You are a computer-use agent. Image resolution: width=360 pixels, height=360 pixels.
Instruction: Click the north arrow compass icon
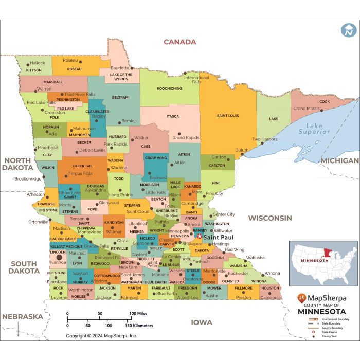(348, 30)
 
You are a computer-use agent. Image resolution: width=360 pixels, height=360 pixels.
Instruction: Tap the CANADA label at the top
(179, 42)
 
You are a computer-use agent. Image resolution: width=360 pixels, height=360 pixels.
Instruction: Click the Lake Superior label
(318, 129)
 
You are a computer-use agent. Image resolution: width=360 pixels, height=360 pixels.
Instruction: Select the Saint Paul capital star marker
(200, 237)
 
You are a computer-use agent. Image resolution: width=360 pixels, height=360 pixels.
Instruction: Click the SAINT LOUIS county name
(228, 116)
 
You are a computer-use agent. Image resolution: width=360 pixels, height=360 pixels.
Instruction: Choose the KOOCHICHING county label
(169, 88)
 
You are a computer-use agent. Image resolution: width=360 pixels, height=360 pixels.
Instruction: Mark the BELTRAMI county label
(121, 97)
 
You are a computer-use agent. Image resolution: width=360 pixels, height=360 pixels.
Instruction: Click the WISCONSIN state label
(271, 218)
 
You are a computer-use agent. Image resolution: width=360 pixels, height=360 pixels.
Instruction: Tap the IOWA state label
(202, 322)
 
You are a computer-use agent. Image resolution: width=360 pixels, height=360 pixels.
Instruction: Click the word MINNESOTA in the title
(322, 312)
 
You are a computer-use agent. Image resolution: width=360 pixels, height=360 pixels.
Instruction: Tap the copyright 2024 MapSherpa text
(101, 335)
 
